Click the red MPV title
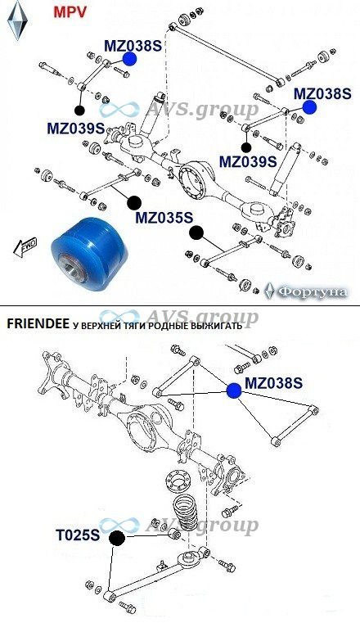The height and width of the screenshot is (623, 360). coord(70,12)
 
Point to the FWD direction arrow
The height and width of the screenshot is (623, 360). coord(25,247)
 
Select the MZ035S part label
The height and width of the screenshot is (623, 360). coord(164,218)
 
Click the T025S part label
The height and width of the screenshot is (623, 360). coord(78,535)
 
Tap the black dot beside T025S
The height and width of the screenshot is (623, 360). coord(117,539)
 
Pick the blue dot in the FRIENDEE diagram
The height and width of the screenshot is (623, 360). coord(234,391)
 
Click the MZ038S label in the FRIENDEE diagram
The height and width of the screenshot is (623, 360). coord(274,383)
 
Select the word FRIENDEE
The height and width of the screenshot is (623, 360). coord(38,325)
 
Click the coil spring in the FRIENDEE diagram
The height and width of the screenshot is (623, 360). coord(186,512)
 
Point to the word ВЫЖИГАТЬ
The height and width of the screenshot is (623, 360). coord(218,326)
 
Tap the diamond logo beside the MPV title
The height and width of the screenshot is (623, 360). coord(17,20)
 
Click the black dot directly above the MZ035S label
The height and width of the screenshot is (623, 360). coord(134,203)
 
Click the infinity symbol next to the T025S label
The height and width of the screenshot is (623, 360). coord(119,526)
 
